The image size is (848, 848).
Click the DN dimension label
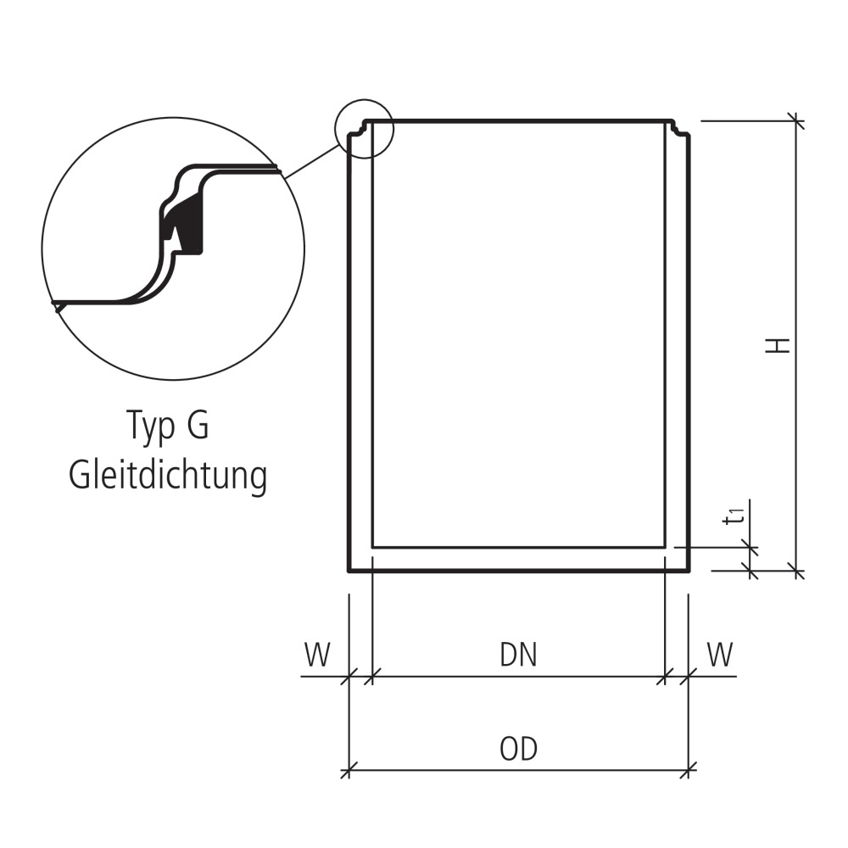pos(518,656)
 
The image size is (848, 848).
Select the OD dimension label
pos(518,750)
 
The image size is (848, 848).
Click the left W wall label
pos(317,656)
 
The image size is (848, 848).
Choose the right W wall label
pos(719,656)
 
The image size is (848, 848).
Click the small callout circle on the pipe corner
pos(365,128)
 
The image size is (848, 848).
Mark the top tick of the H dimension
pos(795,121)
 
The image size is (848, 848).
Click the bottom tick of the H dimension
pos(795,570)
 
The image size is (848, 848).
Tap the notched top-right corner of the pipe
pos(678,129)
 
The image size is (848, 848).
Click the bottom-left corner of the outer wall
pos(350,570)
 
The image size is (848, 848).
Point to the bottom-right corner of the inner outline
pos(665,547)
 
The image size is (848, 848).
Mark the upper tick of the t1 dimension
pos(750,548)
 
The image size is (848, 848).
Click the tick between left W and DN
pos(372,676)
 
